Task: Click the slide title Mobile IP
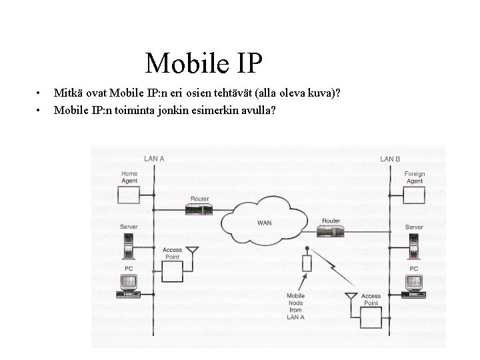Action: click(x=205, y=63)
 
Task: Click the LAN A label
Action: click(x=155, y=159)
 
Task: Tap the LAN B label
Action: click(x=390, y=159)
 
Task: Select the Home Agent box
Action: click(x=129, y=195)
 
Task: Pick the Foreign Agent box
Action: click(x=414, y=195)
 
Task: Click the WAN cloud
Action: click(x=265, y=220)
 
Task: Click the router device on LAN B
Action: click(x=331, y=230)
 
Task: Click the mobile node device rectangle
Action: click(x=307, y=262)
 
